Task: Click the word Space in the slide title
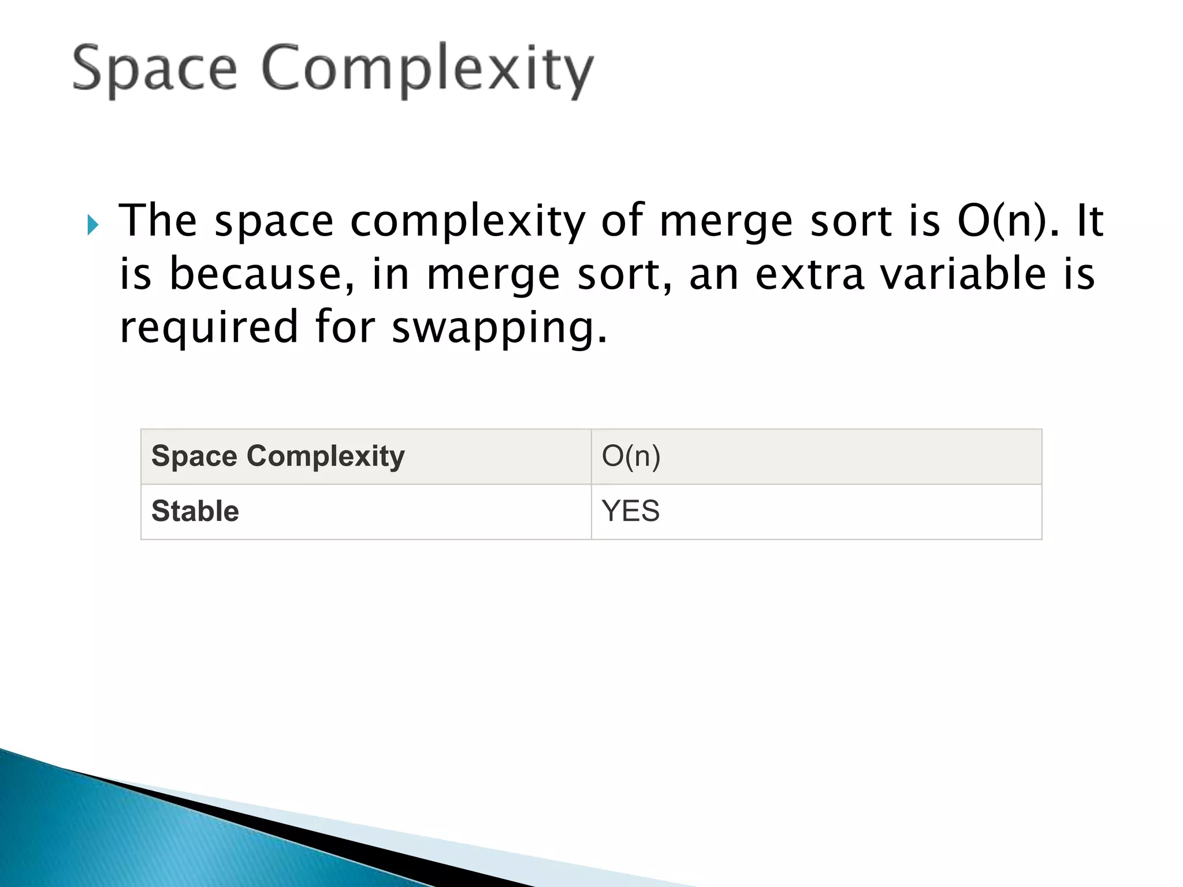click(155, 69)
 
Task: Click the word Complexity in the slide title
click(427, 70)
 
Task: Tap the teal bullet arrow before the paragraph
click(93, 225)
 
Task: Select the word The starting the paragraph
click(158, 221)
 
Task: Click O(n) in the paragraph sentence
click(1009, 221)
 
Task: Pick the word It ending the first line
click(1090, 221)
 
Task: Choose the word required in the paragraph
click(209, 327)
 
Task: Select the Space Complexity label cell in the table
click(278, 456)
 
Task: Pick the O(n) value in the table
click(631, 456)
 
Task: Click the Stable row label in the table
click(195, 511)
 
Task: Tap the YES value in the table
click(631, 511)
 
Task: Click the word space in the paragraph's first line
click(274, 222)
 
